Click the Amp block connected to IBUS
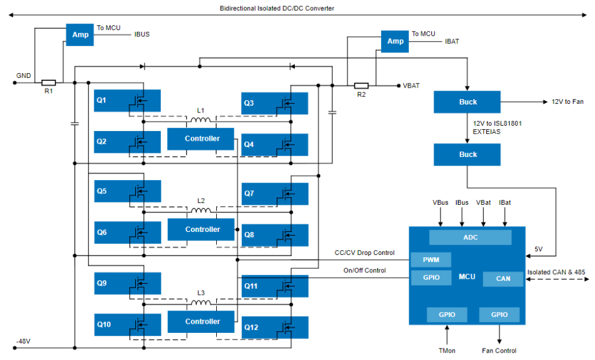coord(80,35)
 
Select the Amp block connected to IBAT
coord(394,41)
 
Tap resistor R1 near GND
coord(48,83)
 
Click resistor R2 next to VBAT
coord(361,86)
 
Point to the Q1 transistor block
coord(127,100)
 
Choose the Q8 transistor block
coord(275,235)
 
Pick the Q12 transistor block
coord(275,327)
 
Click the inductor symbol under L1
coord(201,120)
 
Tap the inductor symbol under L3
coord(201,303)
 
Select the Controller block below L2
coord(201,230)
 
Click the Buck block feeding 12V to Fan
coord(467,102)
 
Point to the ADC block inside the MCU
coord(470,237)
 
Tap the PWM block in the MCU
coord(431,260)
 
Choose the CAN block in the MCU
coord(503,279)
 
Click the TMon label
coord(447,351)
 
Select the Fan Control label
coord(499,351)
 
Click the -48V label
coord(23,341)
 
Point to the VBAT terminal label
coord(411,86)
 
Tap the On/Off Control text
coord(365,271)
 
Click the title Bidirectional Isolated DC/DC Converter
coord(277,8)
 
